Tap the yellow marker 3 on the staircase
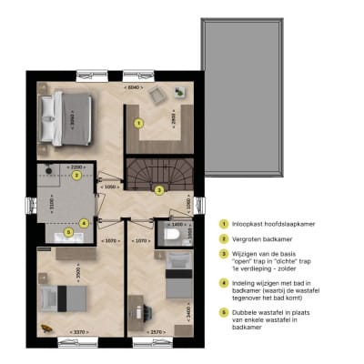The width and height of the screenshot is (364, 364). point(158,190)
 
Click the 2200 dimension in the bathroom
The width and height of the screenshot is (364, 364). point(76,167)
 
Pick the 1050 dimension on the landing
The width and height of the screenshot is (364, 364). point(110,186)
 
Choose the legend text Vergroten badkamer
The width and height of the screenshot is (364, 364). point(260,239)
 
